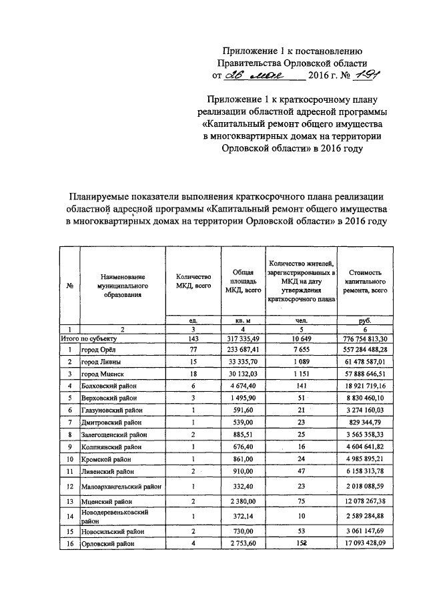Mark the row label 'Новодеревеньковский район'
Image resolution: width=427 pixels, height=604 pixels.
(113, 516)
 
